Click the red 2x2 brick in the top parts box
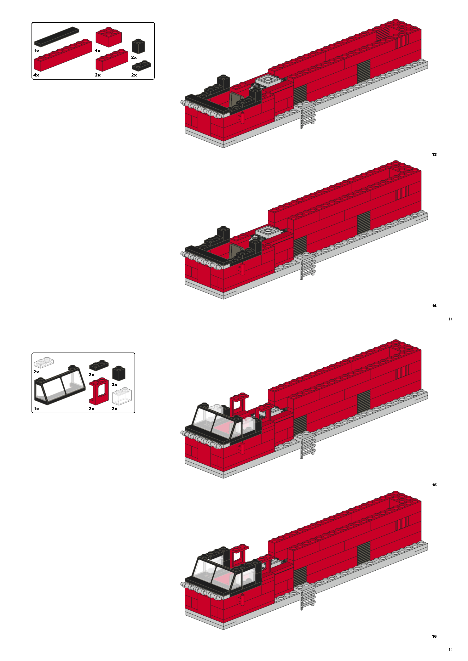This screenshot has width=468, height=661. click(x=108, y=37)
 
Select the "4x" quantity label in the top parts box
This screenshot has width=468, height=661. click(x=36, y=75)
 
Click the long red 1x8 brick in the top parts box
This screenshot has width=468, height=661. click(x=62, y=55)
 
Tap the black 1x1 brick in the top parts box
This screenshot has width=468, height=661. click(x=138, y=46)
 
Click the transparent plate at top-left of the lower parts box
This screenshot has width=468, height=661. click(x=44, y=363)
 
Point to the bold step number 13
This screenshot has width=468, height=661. click(x=434, y=154)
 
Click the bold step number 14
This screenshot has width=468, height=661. click(x=434, y=306)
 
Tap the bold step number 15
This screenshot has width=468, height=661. click(x=434, y=485)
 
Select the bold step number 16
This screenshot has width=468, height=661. click(x=434, y=636)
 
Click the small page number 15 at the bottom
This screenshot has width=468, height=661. click(x=450, y=649)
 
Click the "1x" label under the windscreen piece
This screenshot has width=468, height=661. click(x=36, y=409)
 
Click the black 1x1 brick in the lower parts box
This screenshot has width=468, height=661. click(x=119, y=373)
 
